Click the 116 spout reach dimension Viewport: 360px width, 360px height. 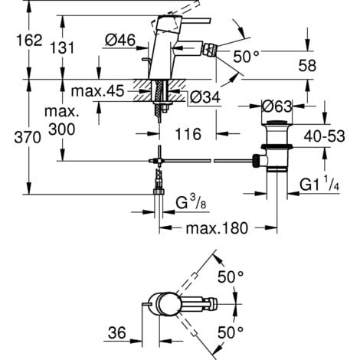point(182,133)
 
